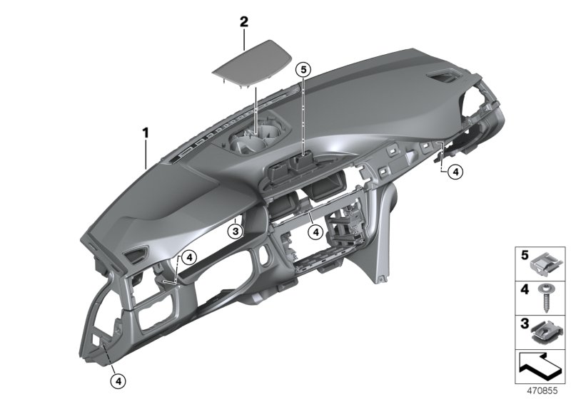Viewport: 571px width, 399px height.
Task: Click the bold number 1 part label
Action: [x=145, y=133]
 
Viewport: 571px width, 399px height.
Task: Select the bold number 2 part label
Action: [x=243, y=22]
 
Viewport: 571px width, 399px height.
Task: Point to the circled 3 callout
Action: [x=235, y=230]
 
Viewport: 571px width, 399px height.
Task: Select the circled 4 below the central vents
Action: [x=315, y=230]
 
